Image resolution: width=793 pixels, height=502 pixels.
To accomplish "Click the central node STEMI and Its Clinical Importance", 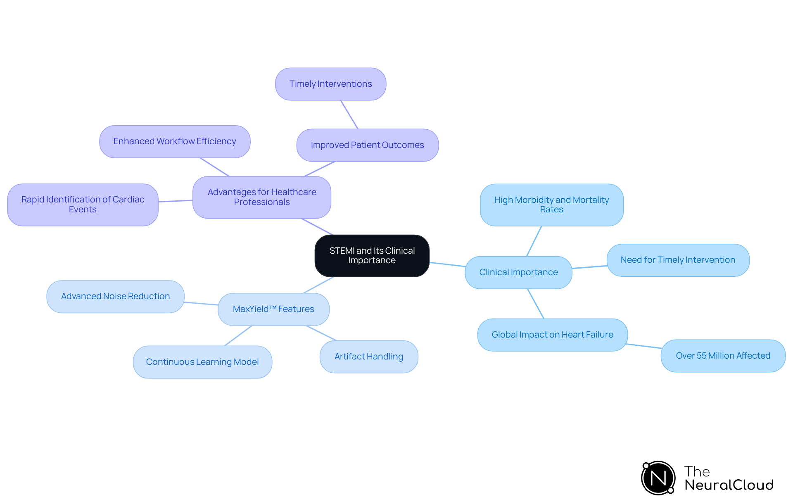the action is point(372,256).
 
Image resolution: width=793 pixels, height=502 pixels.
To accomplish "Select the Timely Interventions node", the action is point(330,84).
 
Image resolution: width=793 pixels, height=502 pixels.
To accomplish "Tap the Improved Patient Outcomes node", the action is point(367,145).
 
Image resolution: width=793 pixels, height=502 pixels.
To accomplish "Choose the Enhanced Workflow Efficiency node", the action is point(175,141).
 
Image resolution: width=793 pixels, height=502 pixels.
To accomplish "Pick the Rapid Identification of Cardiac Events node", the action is point(83,205).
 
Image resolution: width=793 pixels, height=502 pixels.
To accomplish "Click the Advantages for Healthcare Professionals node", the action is point(262,197).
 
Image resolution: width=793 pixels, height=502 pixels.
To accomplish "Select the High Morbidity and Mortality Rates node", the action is point(551,205).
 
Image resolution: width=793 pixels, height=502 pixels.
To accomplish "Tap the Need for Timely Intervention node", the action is point(678,260).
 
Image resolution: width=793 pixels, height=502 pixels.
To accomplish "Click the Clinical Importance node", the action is point(518,272).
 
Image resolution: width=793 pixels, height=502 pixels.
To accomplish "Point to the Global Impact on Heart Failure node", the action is point(552,335).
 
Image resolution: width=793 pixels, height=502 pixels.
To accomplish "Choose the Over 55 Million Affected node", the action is point(723,356).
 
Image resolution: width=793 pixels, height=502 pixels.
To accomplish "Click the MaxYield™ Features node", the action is point(273,309).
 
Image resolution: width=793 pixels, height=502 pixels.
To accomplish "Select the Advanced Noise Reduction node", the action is point(115,296).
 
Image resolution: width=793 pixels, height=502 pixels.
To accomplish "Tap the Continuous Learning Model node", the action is point(202,362).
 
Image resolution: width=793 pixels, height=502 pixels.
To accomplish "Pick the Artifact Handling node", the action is point(369,357).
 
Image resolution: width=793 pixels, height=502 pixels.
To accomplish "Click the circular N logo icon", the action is point(658,478).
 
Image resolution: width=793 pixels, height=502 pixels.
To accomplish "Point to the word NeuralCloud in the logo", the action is point(729,485).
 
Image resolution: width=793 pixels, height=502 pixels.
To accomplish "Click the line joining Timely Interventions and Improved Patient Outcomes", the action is point(349,115).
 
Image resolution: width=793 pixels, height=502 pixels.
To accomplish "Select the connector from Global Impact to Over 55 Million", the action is point(643,346).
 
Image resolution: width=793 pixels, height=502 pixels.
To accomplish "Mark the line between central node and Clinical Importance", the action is point(447,264).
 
